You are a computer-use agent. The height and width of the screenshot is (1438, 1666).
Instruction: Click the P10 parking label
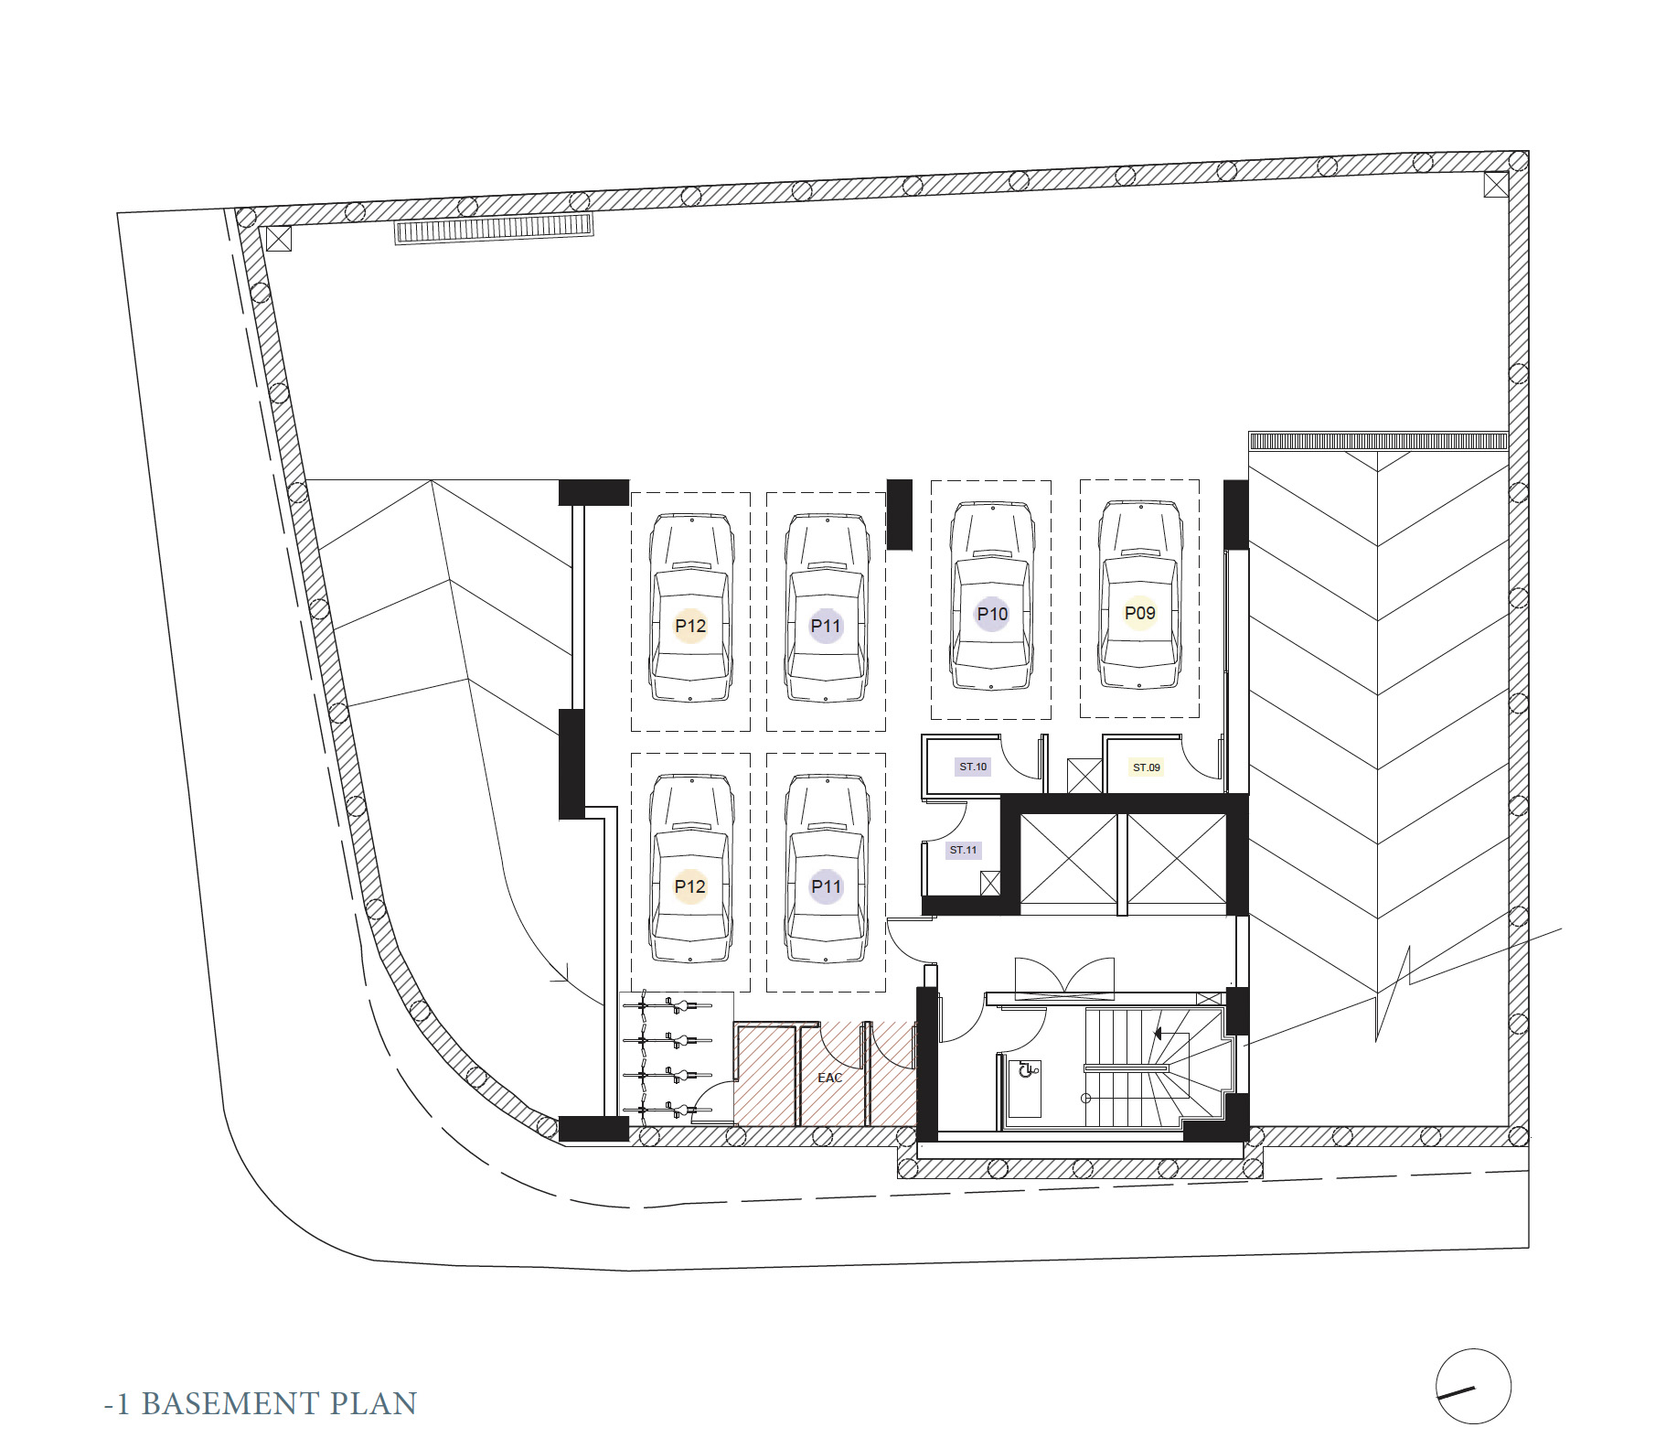coord(992,614)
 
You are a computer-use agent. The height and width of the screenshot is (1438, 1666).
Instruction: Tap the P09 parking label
coord(1139,613)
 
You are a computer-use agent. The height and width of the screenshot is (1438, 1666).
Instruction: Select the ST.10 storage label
coord(973,767)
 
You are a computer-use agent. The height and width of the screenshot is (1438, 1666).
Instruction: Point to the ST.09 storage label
coord(1146,767)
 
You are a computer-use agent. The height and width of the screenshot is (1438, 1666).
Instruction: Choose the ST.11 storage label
coord(963,850)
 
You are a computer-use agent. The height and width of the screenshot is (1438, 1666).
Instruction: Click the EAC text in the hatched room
coord(829,1078)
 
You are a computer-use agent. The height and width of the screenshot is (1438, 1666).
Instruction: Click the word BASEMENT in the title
coord(229,1403)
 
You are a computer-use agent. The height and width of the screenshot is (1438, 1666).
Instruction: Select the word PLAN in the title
coord(373,1403)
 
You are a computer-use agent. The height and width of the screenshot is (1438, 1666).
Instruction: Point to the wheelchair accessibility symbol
coord(1028,1068)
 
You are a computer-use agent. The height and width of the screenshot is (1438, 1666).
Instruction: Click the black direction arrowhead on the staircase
coord(1158,1034)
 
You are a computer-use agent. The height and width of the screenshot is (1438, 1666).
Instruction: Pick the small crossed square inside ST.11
coord(990,883)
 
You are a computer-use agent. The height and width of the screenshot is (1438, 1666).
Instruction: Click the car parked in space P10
coord(992,596)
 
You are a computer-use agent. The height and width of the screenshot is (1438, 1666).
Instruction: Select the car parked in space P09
coord(1139,595)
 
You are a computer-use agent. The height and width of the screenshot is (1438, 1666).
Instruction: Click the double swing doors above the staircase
coord(1064,976)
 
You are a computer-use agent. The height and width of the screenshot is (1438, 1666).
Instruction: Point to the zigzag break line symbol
coord(1393,992)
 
